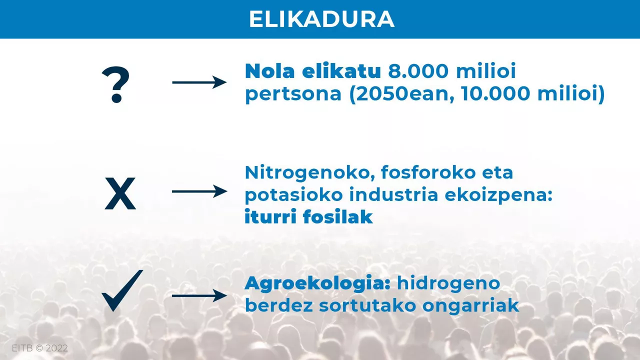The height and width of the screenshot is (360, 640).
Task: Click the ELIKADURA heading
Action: (321, 19)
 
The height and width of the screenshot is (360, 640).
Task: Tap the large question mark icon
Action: (115, 84)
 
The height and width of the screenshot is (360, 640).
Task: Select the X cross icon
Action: (120, 193)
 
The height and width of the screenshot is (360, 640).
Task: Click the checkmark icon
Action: (122, 290)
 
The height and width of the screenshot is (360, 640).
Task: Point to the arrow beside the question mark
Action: (199, 82)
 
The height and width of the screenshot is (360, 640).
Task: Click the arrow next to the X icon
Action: (199, 191)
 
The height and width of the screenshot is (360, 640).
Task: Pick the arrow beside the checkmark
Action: (199, 295)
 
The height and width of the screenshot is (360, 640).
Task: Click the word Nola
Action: (269, 71)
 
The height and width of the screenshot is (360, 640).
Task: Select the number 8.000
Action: (418, 71)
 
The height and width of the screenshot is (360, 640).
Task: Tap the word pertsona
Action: (293, 93)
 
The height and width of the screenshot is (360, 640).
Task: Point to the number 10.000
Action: (496, 93)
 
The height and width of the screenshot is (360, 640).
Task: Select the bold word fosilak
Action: (338, 216)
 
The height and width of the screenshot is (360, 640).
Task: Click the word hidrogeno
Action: (448, 283)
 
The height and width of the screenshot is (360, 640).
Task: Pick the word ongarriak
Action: (470, 306)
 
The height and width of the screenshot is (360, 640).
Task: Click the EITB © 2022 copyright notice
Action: (39, 348)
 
